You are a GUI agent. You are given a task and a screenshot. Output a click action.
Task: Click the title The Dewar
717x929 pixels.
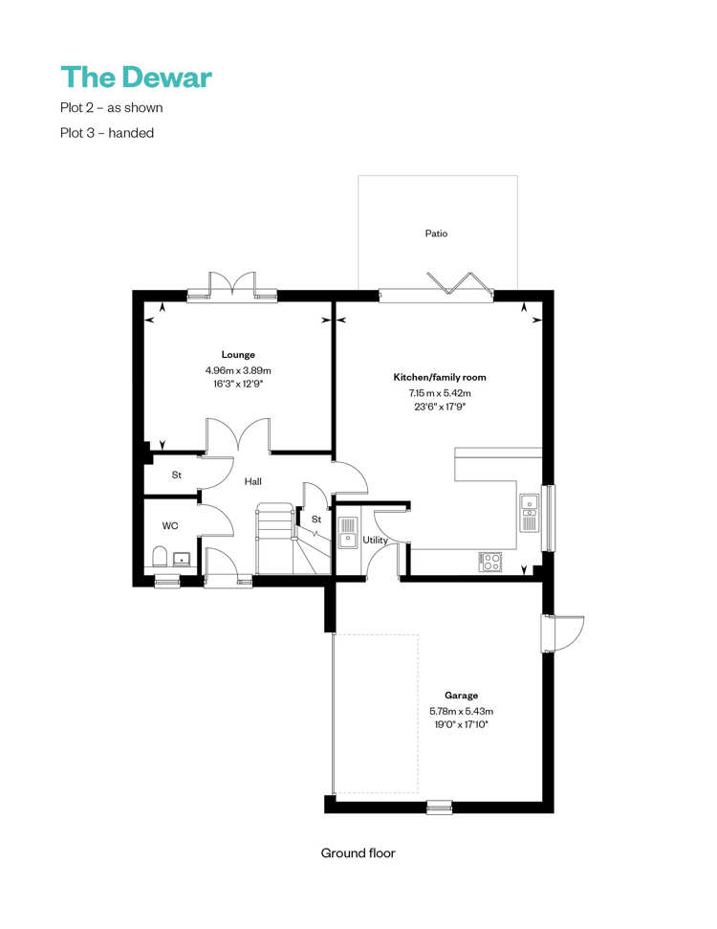pos(136,77)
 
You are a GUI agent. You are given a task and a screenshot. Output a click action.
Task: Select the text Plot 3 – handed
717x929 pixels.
pos(107,133)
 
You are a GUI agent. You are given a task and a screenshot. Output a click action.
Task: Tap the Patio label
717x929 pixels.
pos(436,233)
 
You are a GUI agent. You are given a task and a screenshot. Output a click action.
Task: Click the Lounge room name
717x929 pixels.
pos(238,354)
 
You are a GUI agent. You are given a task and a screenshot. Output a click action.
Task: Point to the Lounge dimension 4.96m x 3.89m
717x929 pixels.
pos(238,370)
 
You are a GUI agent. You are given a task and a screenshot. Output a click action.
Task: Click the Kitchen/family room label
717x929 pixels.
pos(440,377)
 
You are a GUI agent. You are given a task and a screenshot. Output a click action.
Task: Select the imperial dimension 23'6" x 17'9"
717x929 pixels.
pos(440,407)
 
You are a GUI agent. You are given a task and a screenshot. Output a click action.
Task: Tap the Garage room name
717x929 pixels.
pos(461,696)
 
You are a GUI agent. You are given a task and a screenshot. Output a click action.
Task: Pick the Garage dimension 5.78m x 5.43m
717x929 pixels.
pos(461,711)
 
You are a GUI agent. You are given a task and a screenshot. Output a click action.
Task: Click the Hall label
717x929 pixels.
pos(252,481)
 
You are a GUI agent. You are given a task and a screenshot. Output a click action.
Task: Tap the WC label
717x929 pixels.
pos(170,525)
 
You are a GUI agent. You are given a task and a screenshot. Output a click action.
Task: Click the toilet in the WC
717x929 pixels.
pos(160,557)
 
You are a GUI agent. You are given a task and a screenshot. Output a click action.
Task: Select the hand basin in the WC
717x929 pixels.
pos(182,558)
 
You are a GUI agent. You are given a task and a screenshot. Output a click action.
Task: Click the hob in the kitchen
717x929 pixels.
pos(490,562)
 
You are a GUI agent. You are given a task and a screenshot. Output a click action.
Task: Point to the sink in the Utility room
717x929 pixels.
pos(348,533)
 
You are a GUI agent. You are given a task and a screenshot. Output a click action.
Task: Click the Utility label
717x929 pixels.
pos(376,540)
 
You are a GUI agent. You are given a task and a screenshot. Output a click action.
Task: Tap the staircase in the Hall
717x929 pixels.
pos(293,539)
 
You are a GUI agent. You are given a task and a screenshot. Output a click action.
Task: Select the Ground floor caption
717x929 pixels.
pos(358,853)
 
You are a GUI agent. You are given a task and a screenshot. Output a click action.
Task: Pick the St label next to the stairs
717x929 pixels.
pos(316,519)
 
